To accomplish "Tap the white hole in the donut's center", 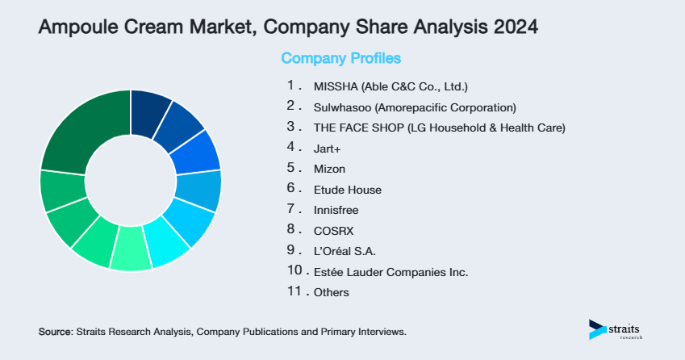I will (x=130, y=180).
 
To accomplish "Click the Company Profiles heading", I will (x=340, y=58).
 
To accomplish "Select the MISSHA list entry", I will (x=390, y=86).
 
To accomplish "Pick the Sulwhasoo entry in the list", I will (x=413, y=107).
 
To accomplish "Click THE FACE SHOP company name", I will (x=439, y=128).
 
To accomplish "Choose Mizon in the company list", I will (x=328, y=169).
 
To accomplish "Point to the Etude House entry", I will (x=347, y=190).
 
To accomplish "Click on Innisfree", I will (x=336, y=210).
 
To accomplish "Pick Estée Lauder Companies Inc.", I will (x=391, y=272).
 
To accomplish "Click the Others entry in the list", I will (x=331, y=292).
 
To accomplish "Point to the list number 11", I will (x=294, y=291).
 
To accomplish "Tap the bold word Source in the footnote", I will (x=55, y=332).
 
